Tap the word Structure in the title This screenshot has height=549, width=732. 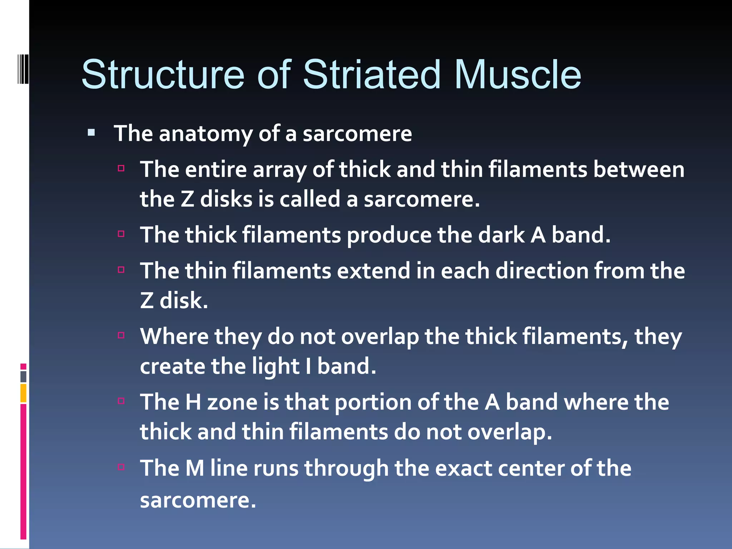point(163,75)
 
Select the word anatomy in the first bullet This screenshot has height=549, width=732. point(206,134)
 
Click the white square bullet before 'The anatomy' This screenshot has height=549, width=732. point(91,133)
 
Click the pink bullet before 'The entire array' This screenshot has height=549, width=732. point(121,168)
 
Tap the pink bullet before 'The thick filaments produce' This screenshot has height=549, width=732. point(121,234)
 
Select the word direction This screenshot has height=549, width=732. point(541,271)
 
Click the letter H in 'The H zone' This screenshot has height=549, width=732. point(193,402)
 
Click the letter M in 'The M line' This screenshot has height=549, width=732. point(195,468)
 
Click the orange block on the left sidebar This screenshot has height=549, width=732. point(23,393)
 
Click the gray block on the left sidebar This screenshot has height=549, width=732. point(23,377)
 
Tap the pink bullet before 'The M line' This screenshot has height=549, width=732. point(121,467)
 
